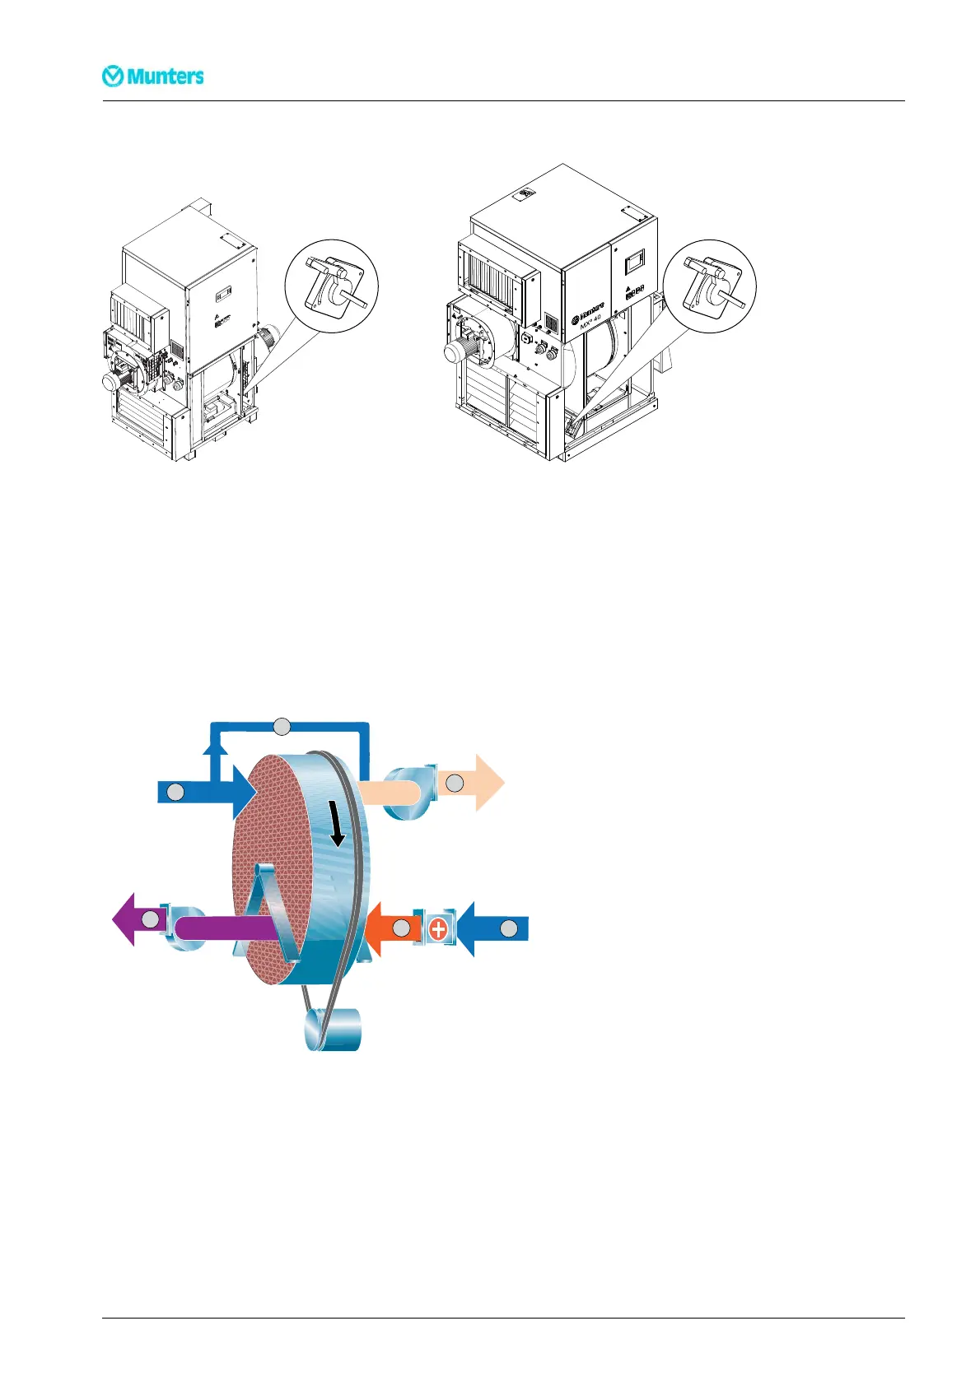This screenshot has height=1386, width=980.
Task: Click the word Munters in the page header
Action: [165, 77]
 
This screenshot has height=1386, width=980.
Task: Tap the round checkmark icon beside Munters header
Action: [113, 77]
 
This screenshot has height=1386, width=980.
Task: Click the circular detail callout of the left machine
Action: [331, 286]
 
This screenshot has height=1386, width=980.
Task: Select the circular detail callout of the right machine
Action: [709, 286]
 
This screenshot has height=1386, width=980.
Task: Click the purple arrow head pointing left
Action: [125, 920]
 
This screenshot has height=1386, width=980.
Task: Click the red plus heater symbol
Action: [438, 929]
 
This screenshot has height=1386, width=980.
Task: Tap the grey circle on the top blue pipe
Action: [282, 726]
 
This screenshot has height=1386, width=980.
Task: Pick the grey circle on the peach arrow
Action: [455, 784]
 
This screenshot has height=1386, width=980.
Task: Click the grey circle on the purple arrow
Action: [150, 920]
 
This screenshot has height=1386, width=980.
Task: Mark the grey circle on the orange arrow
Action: [401, 929]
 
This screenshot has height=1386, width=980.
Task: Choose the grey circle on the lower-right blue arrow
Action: [509, 929]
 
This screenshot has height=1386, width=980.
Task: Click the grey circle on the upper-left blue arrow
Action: [175, 792]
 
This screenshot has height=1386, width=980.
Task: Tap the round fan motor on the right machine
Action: [458, 352]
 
